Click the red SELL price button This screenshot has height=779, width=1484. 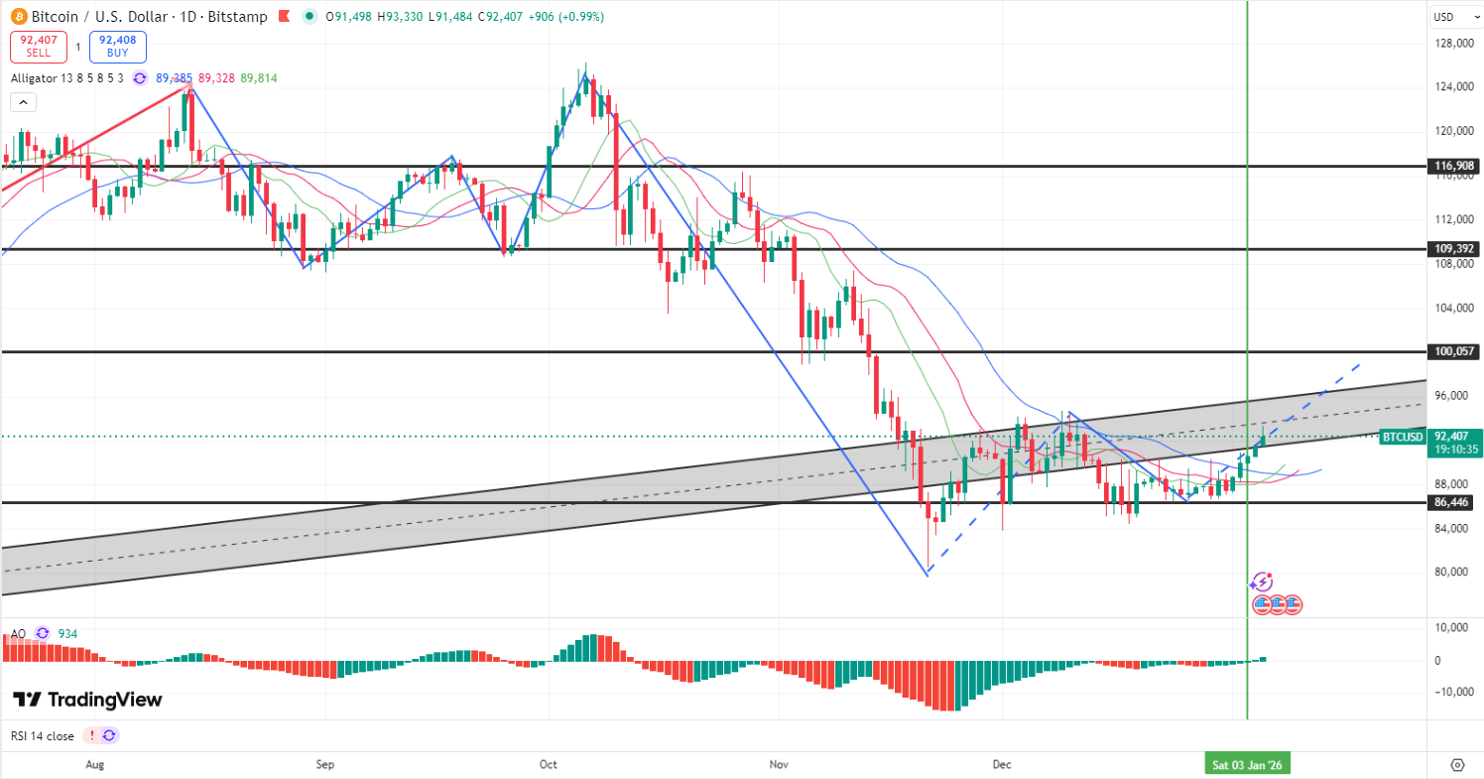click(x=39, y=47)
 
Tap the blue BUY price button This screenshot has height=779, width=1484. click(x=118, y=47)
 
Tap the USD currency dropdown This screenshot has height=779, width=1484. click(x=1454, y=16)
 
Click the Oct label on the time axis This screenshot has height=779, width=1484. click(x=549, y=765)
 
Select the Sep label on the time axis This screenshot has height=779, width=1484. click(x=324, y=765)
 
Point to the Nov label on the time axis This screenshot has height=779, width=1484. click(x=779, y=765)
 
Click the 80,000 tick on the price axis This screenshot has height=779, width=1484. click(x=1454, y=572)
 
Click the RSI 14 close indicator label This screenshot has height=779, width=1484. click(x=43, y=735)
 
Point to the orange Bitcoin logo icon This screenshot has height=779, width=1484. click(x=18, y=17)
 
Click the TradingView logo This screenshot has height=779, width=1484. click(x=87, y=700)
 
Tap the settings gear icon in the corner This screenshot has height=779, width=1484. click(x=1457, y=764)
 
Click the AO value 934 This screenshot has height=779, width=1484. click(x=68, y=633)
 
